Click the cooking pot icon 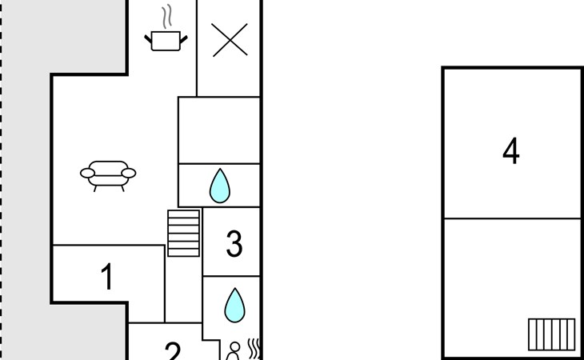[166, 41]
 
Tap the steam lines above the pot [167, 17]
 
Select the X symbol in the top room [230, 40]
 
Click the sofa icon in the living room [108, 176]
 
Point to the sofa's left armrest [87, 173]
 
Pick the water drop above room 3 [220, 186]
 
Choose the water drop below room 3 [234, 305]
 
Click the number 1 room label [107, 276]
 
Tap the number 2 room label [173, 351]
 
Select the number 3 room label [234, 243]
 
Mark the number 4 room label [511, 150]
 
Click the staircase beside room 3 [184, 233]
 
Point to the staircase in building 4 [551, 334]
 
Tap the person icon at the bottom [234, 351]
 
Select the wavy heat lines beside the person [254, 349]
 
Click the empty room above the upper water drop [219, 130]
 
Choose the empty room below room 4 [513, 287]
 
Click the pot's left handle [148, 38]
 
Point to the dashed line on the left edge [1, 180]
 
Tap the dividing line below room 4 [513, 218]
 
